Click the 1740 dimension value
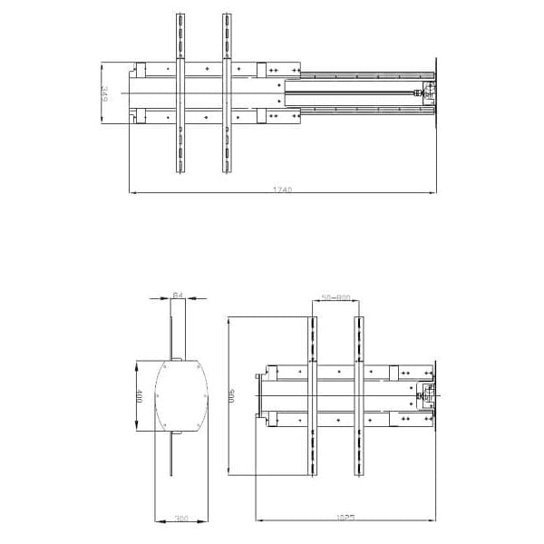coord(282,190)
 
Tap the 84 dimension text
coord(178,295)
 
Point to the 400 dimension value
coord(139,397)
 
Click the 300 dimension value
coord(180,519)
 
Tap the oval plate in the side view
coord(179,397)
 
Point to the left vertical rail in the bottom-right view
coord(313,396)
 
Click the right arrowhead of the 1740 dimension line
coord(432,192)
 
